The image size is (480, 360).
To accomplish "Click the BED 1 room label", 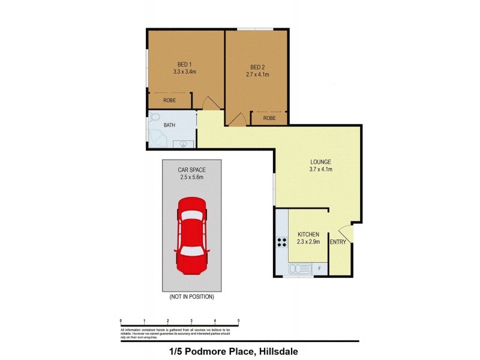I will click(184, 64).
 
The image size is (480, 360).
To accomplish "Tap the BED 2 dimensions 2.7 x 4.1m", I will click(257, 74).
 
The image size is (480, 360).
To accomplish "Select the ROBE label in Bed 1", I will click(169, 101).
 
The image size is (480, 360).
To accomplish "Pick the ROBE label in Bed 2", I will click(269, 118).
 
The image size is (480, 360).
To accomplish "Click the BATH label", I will click(170, 125).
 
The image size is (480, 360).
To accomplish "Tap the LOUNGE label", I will click(320, 162).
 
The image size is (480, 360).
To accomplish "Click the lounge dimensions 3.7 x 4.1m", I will click(320, 170).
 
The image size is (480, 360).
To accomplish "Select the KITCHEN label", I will click(308, 234).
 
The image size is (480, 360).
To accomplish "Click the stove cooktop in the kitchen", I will click(281, 242).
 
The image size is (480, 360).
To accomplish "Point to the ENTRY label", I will click(338, 242).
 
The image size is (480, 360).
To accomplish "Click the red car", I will click(191, 236).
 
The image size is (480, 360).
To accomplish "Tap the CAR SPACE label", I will click(191, 170).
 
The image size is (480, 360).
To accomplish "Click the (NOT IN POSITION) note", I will click(191, 296).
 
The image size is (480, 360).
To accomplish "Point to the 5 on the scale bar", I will click(238, 320).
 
